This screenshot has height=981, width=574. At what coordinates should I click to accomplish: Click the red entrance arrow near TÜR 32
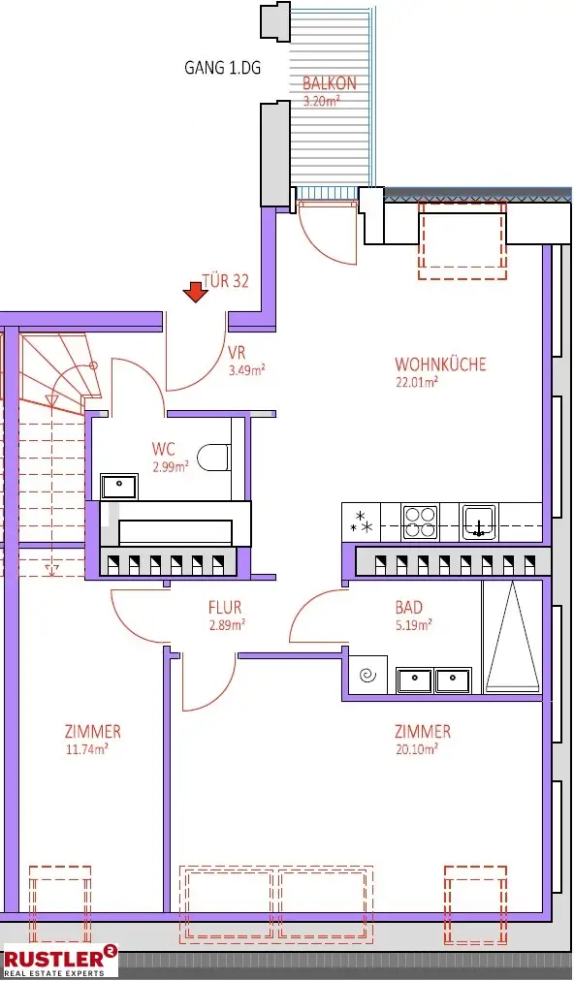pos(197,291)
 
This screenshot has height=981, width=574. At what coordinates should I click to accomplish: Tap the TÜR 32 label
pos(225,281)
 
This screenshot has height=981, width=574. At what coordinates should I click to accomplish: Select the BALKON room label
pos(329,84)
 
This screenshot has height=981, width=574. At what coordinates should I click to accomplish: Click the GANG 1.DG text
pos(223,68)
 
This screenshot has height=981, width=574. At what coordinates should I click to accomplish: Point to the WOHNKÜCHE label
pos(440,364)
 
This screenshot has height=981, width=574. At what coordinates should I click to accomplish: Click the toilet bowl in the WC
pos(212,457)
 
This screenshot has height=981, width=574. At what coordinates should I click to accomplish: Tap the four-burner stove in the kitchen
pos(420,522)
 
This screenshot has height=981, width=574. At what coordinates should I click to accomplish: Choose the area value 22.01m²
pos(417,382)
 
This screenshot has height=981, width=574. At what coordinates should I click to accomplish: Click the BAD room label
pos(408,608)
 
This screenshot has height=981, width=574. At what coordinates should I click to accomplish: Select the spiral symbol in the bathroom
pos(367,676)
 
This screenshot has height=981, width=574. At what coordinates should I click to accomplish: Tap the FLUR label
pos(225,608)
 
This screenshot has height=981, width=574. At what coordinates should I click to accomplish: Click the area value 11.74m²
pos(86,748)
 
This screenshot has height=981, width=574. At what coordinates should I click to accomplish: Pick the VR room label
pos(236,353)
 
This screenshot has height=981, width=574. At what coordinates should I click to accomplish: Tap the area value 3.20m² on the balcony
pos(322,101)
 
